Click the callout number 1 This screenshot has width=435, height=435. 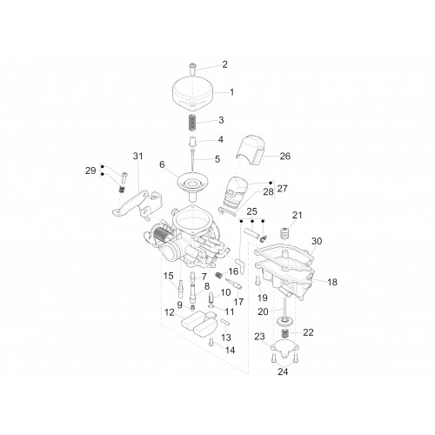[x=231, y=92]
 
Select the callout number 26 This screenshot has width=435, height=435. [x=284, y=156]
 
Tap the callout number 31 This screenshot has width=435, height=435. [x=138, y=156]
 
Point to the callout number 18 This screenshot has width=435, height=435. [x=332, y=282]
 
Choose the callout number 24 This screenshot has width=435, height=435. [x=283, y=371]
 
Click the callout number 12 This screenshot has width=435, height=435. [x=170, y=312]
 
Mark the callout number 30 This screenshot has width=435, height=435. [x=317, y=241]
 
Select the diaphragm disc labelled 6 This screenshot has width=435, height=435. [x=192, y=184]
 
